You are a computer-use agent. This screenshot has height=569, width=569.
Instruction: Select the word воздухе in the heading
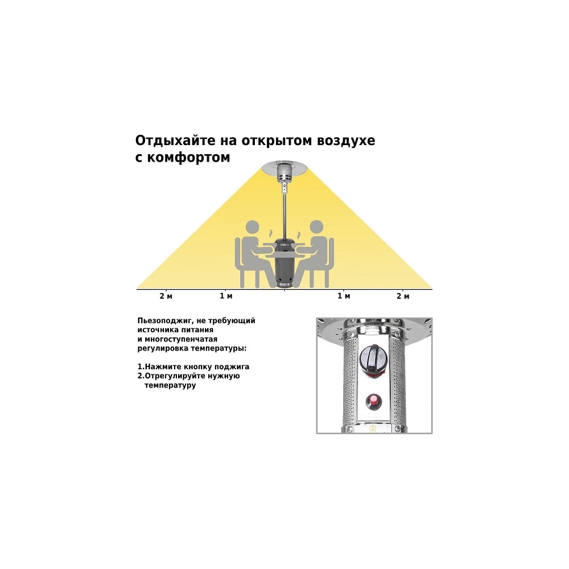click(x=346, y=141)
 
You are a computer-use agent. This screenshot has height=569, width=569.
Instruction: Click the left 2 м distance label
click(x=166, y=296)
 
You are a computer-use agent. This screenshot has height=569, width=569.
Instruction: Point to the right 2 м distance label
click(x=403, y=296)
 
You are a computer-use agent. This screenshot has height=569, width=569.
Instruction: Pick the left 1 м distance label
click(x=226, y=296)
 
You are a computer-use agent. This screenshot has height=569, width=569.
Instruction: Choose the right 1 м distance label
click(x=344, y=296)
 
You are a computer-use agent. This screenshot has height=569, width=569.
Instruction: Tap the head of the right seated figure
click(x=316, y=228)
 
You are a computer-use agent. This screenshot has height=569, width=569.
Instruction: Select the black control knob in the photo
click(x=373, y=357)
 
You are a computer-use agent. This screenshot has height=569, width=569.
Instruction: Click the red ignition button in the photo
click(x=373, y=401)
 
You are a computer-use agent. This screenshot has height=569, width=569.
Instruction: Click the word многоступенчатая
click(x=181, y=339)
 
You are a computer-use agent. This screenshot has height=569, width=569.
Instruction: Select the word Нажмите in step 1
click(x=163, y=366)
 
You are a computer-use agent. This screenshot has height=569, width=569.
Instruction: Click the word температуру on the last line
click(x=170, y=385)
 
